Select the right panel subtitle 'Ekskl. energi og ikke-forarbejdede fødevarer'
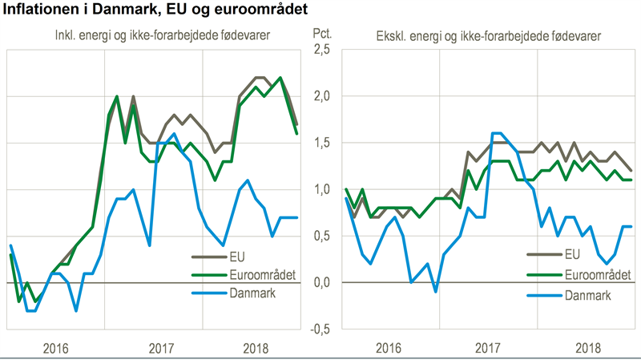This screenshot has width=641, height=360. (x=490, y=36)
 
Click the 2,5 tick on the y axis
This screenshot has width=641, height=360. (x=320, y=50)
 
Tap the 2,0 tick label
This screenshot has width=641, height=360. (x=320, y=96)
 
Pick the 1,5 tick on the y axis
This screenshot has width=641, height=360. (x=320, y=143)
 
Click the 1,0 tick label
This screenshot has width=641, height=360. (x=320, y=190)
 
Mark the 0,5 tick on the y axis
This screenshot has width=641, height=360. (x=320, y=237)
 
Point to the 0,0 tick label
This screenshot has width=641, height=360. (x=320, y=283)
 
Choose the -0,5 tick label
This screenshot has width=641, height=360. (x=319, y=330)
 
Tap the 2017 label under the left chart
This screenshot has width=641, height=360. (x=161, y=348)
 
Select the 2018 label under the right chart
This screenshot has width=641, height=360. (x=589, y=348)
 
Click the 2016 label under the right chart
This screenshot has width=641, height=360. (x=388, y=348)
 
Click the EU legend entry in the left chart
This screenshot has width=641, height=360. (x=237, y=256)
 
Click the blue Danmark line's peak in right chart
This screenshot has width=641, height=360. (x=497, y=133)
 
